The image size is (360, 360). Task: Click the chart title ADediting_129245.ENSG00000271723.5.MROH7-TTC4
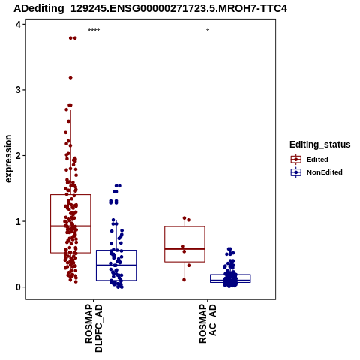click(151, 8)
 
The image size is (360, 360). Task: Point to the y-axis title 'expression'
click(8, 159)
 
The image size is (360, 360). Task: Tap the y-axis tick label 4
click(18, 24)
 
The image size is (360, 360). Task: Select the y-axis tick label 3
click(18, 90)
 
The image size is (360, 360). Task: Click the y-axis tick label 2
click(18, 156)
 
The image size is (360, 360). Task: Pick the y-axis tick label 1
click(18, 221)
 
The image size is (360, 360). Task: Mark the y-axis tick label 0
click(18, 287)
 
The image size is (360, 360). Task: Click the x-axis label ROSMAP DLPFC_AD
click(94, 328)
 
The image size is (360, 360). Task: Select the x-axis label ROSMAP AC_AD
click(208, 324)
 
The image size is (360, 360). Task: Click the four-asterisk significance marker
click(94, 31)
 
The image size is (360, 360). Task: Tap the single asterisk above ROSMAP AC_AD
click(208, 31)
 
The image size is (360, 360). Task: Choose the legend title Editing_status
click(320, 145)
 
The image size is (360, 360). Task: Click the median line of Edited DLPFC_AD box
click(70, 226)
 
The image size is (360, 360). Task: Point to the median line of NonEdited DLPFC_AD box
click(116, 265)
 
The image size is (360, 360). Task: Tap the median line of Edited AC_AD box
click(184, 249)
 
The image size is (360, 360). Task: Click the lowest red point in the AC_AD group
click(184, 280)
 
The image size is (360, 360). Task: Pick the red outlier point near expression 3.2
click(70, 77)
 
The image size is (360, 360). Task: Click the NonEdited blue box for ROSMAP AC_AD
click(230, 278)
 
